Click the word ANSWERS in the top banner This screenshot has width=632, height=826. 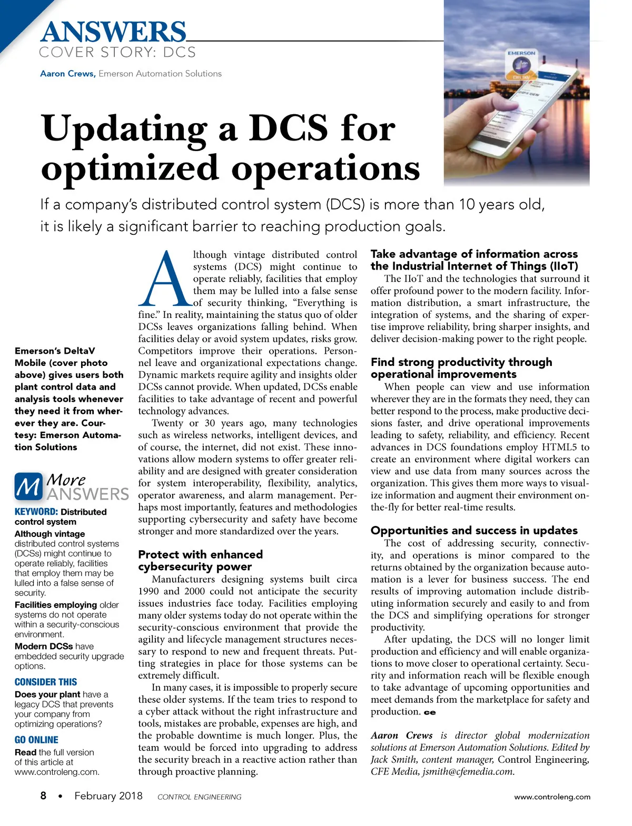(x=113, y=32)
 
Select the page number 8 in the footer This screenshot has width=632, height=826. (x=43, y=795)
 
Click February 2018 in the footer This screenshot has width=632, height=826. (x=108, y=795)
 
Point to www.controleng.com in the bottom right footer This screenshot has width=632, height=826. (x=552, y=797)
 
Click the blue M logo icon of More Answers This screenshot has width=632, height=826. (x=28, y=486)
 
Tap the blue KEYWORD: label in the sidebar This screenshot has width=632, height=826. (x=36, y=512)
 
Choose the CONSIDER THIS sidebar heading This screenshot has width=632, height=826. (x=46, y=682)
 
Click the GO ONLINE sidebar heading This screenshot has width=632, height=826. (x=36, y=740)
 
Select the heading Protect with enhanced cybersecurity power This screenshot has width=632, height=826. (x=200, y=561)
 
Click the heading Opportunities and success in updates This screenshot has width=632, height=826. (x=474, y=531)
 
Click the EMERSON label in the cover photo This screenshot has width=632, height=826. (x=521, y=53)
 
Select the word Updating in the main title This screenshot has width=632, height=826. (x=124, y=130)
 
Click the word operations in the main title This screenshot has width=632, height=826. (x=325, y=168)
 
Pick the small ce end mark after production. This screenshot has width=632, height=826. (x=430, y=713)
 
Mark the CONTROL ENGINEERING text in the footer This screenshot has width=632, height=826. (x=199, y=797)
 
